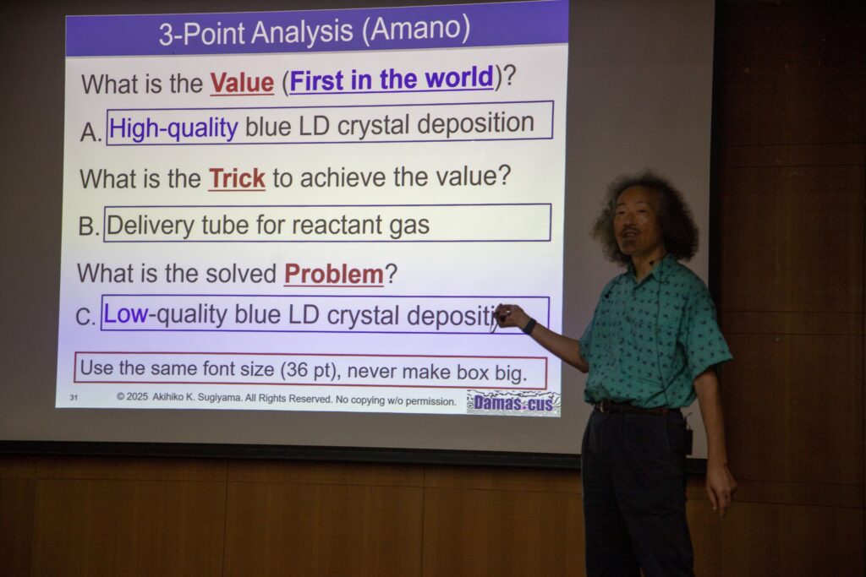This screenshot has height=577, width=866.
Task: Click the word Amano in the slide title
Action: [x=419, y=28]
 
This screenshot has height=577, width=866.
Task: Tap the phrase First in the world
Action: [x=392, y=79]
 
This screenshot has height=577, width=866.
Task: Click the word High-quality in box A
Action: [x=173, y=128]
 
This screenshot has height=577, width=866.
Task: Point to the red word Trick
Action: [x=237, y=178]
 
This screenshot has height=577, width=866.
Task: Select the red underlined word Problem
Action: [x=334, y=275]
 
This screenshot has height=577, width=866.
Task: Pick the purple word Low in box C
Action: [x=125, y=313]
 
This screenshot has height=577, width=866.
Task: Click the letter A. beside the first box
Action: [x=91, y=133]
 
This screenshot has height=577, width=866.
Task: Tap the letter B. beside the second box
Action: [x=89, y=226]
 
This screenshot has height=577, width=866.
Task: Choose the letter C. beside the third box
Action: [x=85, y=317]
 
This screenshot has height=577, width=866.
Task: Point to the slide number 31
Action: [x=74, y=397]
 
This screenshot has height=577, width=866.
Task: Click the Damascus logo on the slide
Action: [x=513, y=403]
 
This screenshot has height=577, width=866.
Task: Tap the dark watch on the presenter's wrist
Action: [x=529, y=326]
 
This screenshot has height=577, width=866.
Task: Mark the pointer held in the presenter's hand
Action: [x=496, y=319]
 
